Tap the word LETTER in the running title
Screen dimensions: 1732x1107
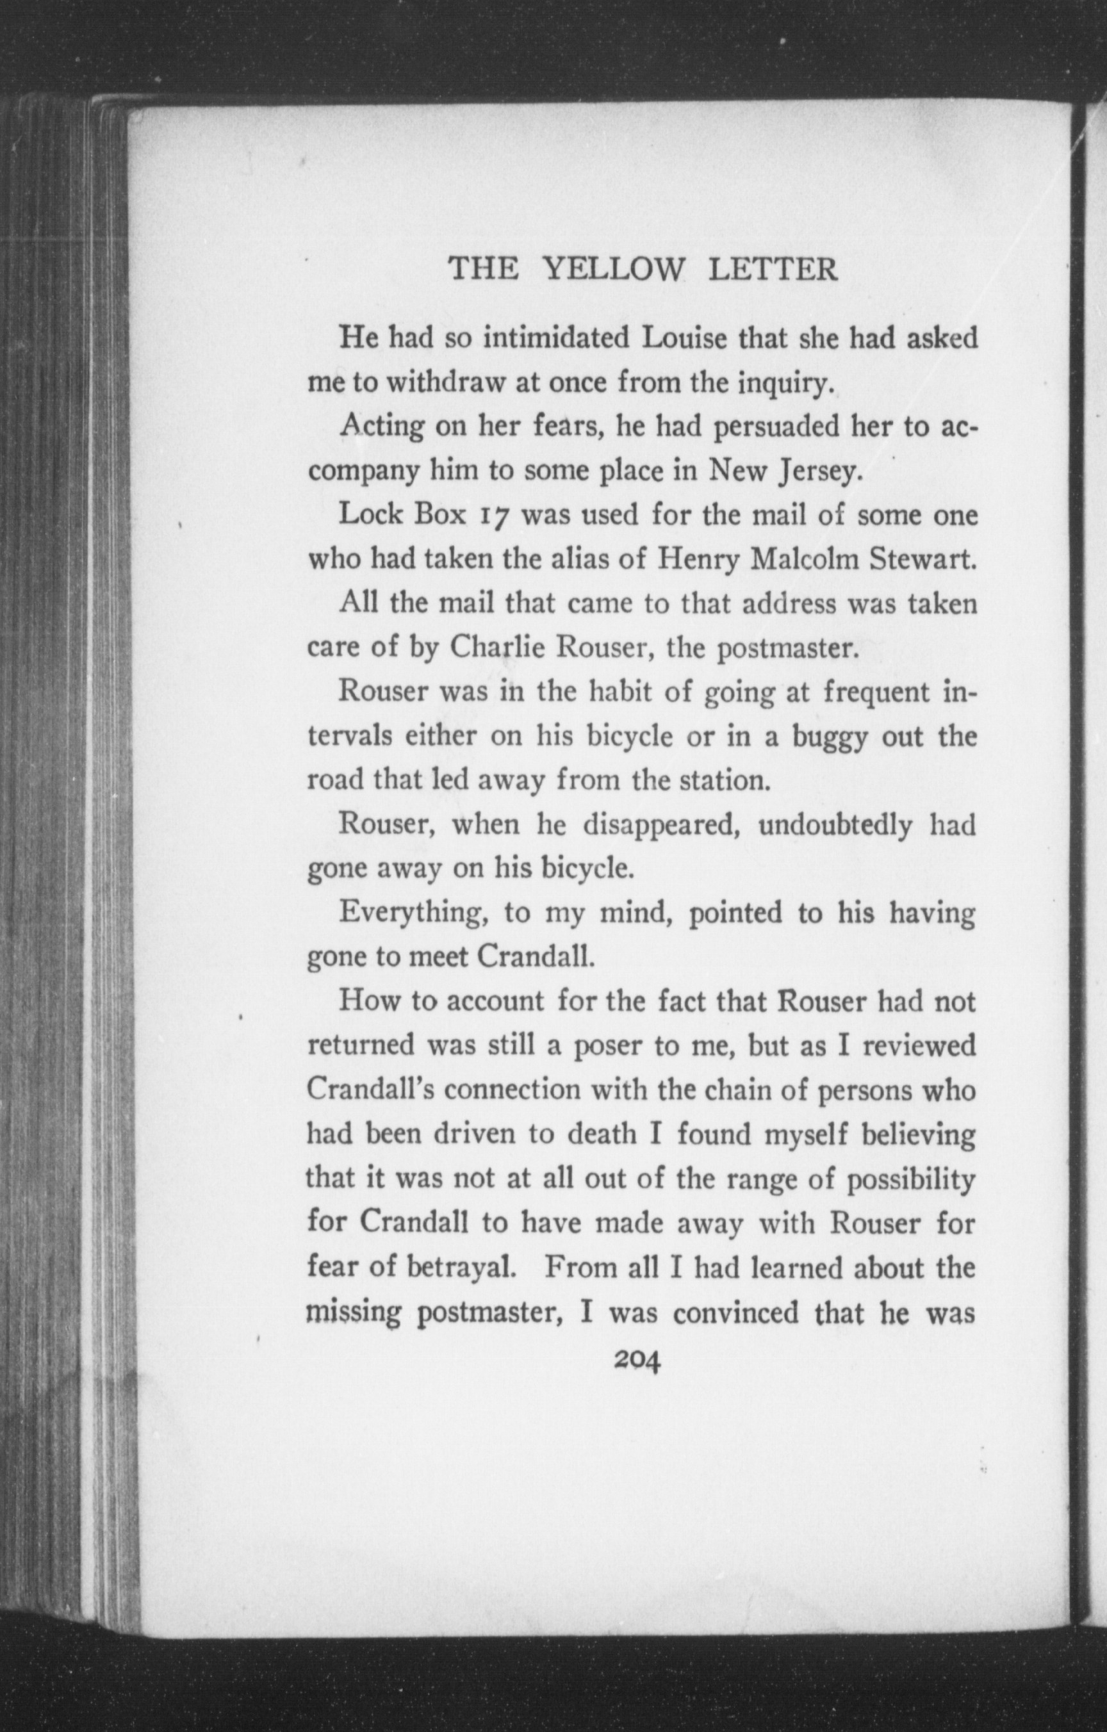[773, 270]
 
